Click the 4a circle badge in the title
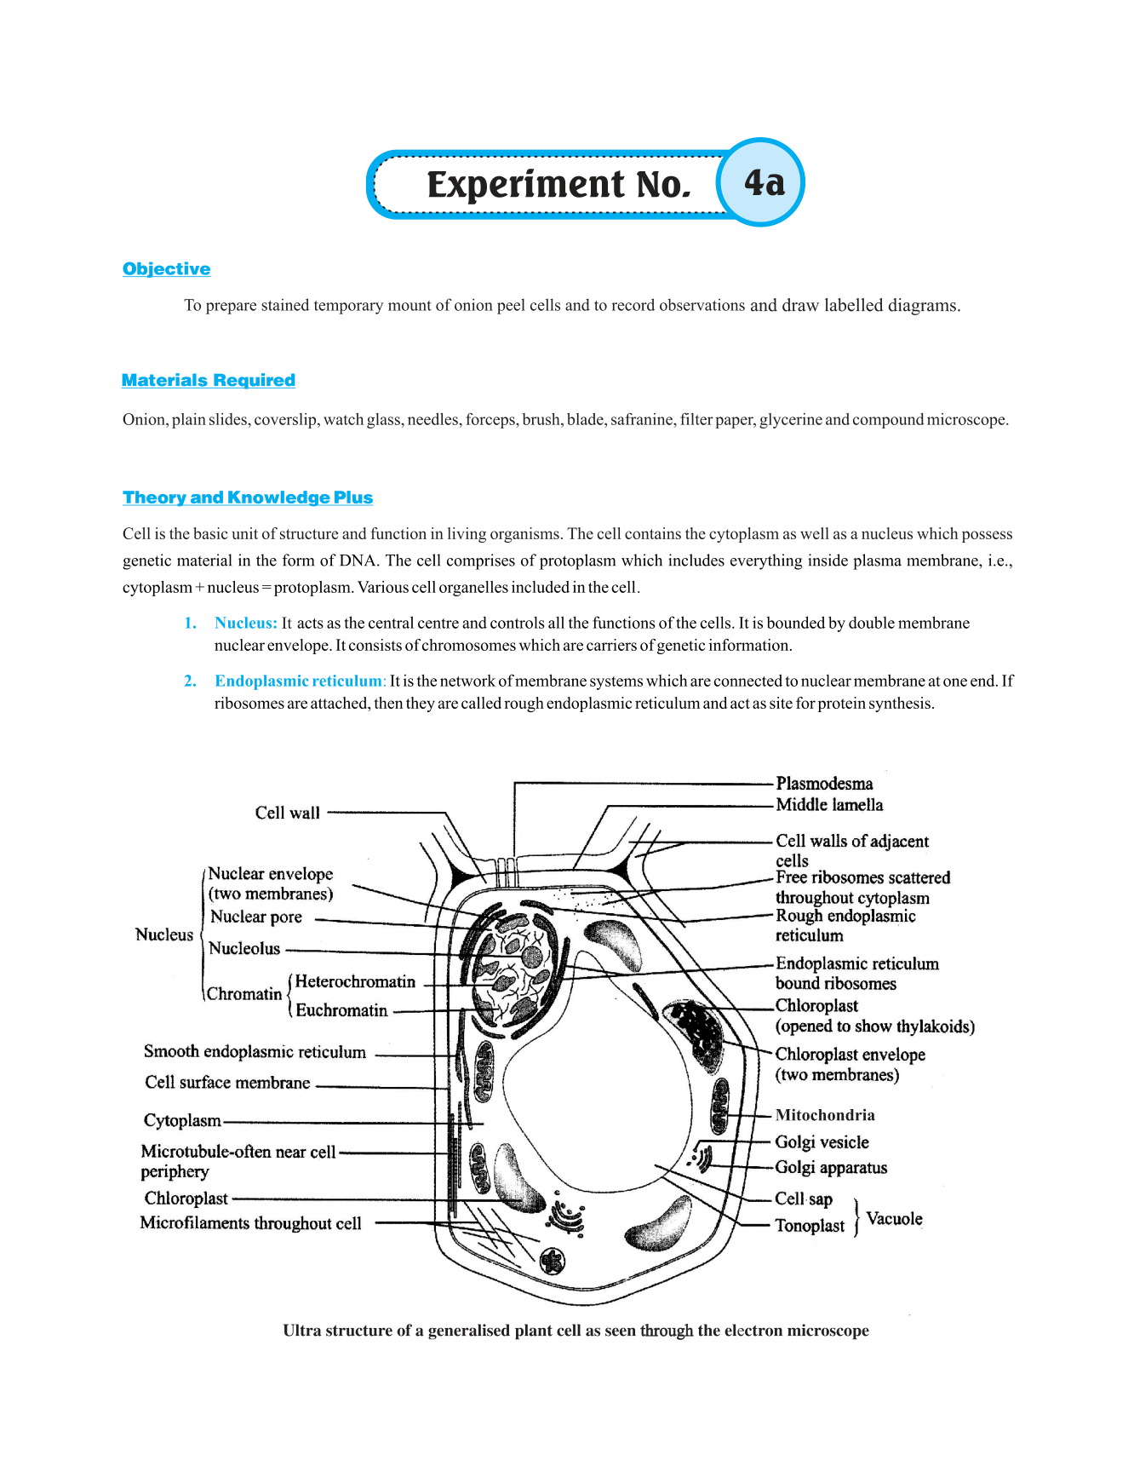pyautogui.click(x=762, y=182)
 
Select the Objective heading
pyautogui.click(x=166, y=269)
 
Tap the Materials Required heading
pyautogui.click(x=209, y=381)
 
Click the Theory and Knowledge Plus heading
pyautogui.click(x=248, y=497)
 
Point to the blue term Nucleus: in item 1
pyautogui.click(x=245, y=624)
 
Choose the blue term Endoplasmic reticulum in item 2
pyautogui.click(x=299, y=681)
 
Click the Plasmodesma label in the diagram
pyautogui.click(x=824, y=784)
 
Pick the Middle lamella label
pyautogui.click(x=829, y=805)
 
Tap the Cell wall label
pyautogui.click(x=288, y=813)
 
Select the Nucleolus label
pyautogui.click(x=244, y=949)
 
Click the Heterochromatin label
pyautogui.click(x=355, y=982)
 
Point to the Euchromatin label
pyautogui.click(x=341, y=1011)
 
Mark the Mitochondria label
pyautogui.click(x=825, y=1116)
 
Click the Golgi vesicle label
pyautogui.click(x=822, y=1142)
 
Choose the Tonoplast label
pyautogui.click(x=810, y=1226)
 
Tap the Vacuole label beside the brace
pyautogui.click(x=894, y=1219)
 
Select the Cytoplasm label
pyautogui.click(x=182, y=1121)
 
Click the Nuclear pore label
pyautogui.click(x=256, y=917)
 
